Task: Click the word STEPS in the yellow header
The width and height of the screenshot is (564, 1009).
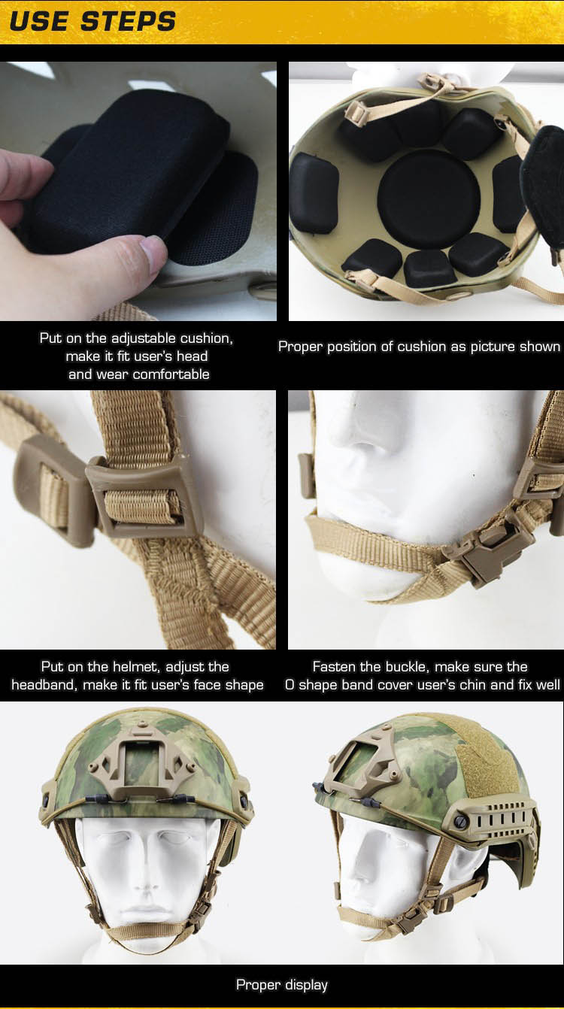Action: [129, 22]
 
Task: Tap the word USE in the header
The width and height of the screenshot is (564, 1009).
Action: [40, 22]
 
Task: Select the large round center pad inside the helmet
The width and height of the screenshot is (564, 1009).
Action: [429, 199]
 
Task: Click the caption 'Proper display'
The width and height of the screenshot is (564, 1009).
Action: [282, 985]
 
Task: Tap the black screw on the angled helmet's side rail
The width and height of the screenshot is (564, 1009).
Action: [460, 822]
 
